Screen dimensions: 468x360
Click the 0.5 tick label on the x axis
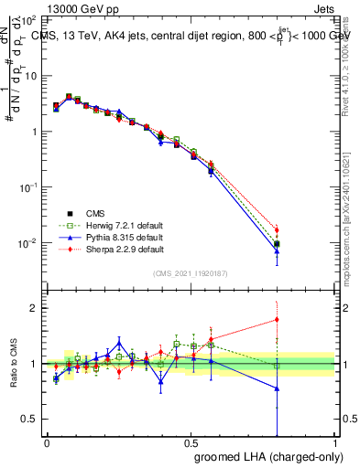point(191,442)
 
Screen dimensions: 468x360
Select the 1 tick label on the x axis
point(335,442)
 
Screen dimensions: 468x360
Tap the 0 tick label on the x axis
point(47,442)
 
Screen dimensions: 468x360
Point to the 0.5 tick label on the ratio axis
point(28,419)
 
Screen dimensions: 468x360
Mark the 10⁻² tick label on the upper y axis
point(27,243)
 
